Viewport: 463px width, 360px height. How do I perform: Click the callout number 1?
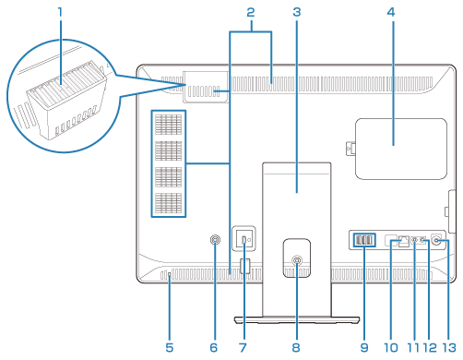tap(60, 12)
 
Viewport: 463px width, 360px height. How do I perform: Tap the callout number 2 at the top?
tap(251, 12)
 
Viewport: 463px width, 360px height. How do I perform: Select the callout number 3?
tap(297, 12)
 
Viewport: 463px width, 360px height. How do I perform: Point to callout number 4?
tap(391, 12)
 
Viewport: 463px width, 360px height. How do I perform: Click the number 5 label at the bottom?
tap(170, 348)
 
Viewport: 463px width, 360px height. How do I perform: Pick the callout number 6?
tap(214, 348)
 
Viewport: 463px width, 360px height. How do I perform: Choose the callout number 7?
tap(243, 348)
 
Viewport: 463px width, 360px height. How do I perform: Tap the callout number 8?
tap(296, 348)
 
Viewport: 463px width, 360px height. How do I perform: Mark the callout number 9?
tap(364, 348)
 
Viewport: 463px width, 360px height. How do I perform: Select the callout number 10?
tap(391, 348)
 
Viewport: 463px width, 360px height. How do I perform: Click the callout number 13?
tap(449, 348)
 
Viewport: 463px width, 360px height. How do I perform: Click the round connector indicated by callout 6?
tap(215, 239)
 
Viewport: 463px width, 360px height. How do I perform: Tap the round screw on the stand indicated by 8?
tap(297, 260)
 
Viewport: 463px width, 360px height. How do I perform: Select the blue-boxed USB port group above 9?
tap(364, 240)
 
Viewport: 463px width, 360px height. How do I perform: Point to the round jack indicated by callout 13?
tap(436, 240)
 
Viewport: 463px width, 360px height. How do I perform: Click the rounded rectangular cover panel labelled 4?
tap(401, 149)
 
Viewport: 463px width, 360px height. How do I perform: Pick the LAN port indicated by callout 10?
tap(404, 242)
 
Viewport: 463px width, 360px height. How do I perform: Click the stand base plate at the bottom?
tap(297, 320)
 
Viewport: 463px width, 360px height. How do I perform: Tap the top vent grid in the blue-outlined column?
tap(168, 125)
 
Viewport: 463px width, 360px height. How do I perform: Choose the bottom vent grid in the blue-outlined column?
tap(168, 203)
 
